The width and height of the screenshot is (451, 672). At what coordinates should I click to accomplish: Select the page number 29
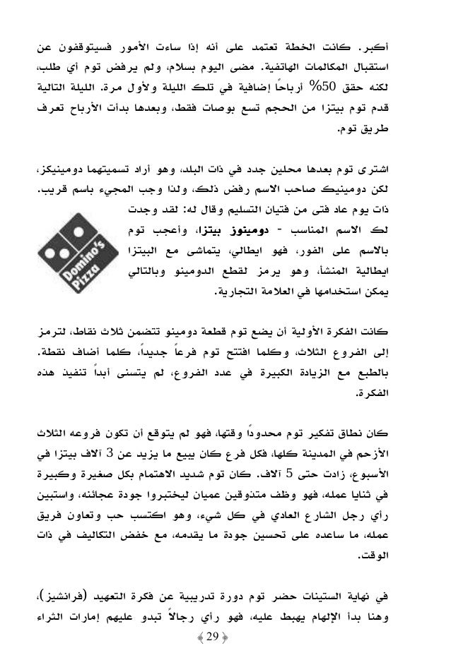(225, 645)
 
